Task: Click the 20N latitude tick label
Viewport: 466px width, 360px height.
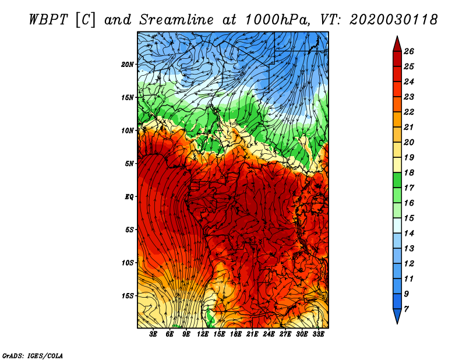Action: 127,65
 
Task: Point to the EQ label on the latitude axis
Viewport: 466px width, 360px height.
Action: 129,197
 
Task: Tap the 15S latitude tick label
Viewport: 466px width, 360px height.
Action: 128,296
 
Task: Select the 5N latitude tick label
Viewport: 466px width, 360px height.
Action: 129,164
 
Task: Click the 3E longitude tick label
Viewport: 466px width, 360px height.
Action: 153,334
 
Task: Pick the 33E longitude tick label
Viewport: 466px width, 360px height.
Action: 318,334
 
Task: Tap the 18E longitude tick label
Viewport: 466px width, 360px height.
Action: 236,334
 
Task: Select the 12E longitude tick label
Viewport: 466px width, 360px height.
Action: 203,334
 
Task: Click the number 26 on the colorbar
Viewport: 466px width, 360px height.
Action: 409,51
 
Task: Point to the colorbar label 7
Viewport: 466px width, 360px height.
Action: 407,309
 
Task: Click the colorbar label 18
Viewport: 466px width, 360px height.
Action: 409,172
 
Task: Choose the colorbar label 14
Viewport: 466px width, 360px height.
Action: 409,234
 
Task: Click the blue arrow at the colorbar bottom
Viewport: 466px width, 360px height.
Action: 397,315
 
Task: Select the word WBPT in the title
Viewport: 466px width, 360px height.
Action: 49,20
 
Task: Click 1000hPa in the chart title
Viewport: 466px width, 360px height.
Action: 277,20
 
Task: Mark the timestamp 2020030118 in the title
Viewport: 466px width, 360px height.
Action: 394,20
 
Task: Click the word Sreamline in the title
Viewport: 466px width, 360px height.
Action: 176,20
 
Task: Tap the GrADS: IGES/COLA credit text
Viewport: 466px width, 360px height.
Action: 33,355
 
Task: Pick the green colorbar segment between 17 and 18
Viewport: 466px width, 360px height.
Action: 397,180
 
